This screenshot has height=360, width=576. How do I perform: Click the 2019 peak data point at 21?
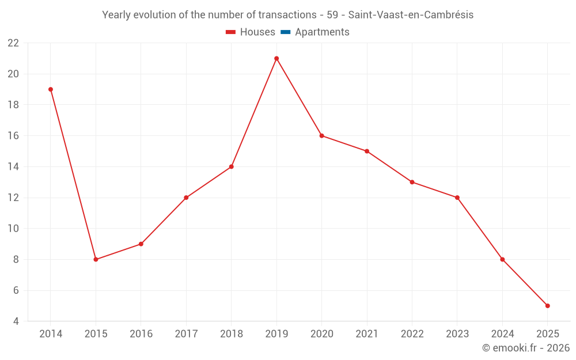(276, 58)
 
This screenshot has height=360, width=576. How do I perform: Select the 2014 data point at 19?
(51, 89)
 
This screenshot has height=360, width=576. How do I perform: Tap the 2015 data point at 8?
(96, 259)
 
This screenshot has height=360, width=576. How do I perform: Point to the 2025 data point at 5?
(548, 306)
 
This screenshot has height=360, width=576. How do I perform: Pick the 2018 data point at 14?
(231, 166)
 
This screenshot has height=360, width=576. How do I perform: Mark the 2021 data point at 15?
(367, 151)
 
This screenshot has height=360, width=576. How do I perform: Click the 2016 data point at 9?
(141, 244)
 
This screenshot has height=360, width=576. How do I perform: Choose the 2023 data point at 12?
(457, 198)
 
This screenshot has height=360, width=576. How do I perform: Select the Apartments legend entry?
(322, 32)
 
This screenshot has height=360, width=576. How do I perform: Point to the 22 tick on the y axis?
(13, 43)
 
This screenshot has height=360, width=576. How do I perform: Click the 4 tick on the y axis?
(16, 321)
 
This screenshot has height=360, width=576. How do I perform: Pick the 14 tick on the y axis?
(13, 167)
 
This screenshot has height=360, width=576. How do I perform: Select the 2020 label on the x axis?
(321, 334)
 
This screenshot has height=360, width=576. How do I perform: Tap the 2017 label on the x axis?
(186, 334)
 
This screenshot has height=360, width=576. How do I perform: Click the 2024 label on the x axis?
(502, 334)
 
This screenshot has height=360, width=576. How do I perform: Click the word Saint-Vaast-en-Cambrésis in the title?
(411, 15)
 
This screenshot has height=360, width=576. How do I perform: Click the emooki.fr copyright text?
(526, 348)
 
